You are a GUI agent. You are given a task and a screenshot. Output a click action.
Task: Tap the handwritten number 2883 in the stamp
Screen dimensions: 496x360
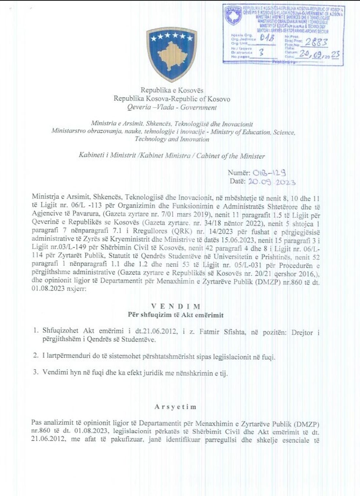pos(316,42)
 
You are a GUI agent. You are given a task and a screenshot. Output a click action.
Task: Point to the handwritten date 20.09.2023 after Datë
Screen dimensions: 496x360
pos(272,181)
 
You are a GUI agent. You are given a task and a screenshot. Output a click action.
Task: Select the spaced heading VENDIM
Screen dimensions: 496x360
pos(176,306)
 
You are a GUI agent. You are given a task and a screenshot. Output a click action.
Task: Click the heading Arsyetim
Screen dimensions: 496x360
pos(175,407)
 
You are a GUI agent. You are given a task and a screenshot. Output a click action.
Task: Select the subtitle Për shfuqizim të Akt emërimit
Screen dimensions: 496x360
pos(176,315)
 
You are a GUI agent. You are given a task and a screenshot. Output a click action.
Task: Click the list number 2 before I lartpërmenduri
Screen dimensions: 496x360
pos(36,356)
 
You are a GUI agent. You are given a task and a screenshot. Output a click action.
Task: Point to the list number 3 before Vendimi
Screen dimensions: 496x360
pos(36,372)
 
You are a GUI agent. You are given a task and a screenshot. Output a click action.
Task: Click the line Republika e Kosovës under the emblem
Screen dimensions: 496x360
pos(172,90)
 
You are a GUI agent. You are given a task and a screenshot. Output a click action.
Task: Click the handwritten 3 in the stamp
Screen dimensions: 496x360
pos(261,52)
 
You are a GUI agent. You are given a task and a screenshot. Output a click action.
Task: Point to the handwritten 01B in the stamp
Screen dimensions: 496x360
pos(267,38)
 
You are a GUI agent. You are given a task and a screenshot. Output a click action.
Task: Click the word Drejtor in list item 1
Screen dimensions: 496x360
pos(302,332)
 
